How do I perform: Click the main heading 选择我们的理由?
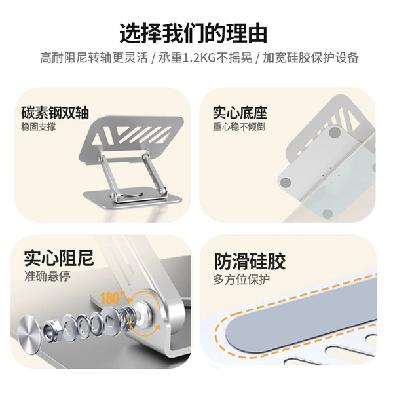tap(193, 33)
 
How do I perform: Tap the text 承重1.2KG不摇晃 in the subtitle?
tap(205, 58)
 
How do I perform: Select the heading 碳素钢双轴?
tap(55, 113)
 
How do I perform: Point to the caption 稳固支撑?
tap(39, 127)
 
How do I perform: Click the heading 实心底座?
tap(240, 113)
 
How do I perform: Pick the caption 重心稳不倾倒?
tap(239, 127)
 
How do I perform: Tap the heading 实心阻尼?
tap(59, 258)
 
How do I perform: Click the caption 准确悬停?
tap(47, 276)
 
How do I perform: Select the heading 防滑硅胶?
tap(250, 261)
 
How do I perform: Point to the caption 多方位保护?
tap(241, 280)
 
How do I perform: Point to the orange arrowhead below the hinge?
tap(157, 327)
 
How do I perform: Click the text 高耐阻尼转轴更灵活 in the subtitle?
tap(94, 58)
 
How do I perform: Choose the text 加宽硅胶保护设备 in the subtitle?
tap(310, 58)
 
